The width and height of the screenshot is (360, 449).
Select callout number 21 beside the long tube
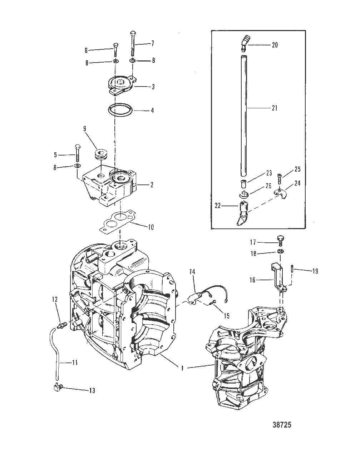[x=274, y=108]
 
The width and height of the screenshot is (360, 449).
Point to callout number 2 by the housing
[x=152, y=185]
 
